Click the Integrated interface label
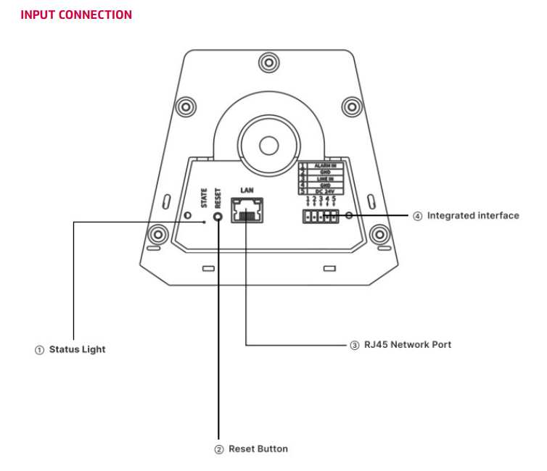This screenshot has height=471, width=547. click(472, 215)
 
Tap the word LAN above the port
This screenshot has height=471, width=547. click(247, 189)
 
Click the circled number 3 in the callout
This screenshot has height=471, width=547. click(354, 345)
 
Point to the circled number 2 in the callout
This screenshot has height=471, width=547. click(218, 449)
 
